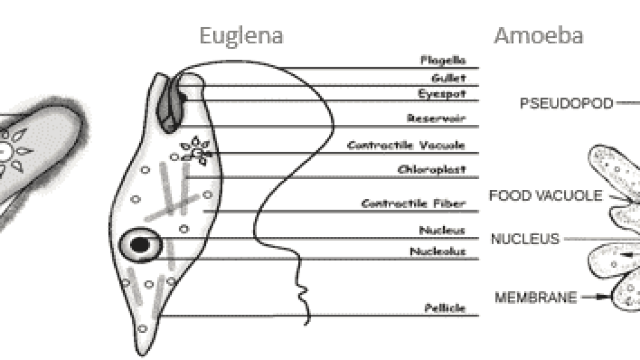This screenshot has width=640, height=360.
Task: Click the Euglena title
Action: [x=242, y=37]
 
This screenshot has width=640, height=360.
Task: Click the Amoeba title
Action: [x=539, y=36]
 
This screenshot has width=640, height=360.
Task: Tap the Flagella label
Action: [x=443, y=60]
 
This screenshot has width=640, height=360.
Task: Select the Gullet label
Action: [x=449, y=78]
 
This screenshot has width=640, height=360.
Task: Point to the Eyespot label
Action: [x=442, y=94]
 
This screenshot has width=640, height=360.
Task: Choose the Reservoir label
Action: [x=436, y=118]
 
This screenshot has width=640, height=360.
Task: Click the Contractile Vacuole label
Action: [x=406, y=146]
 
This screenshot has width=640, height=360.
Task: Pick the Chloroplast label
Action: [x=431, y=170]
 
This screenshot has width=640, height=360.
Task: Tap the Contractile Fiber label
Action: [x=413, y=204]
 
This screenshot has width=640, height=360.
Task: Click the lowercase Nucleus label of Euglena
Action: [x=442, y=230]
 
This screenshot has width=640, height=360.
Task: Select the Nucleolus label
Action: [x=438, y=251]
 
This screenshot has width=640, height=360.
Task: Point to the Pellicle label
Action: [x=445, y=308]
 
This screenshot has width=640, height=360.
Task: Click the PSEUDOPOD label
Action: [x=566, y=103]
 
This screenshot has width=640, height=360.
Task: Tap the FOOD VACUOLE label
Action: [x=546, y=196]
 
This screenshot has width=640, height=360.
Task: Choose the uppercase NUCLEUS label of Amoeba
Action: [x=525, y=239]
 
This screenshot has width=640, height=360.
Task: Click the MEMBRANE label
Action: [x=535, y=297]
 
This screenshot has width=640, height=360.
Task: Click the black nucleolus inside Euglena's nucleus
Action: [x=140, y=245]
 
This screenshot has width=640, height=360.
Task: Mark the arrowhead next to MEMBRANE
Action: [x=603, y=297]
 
